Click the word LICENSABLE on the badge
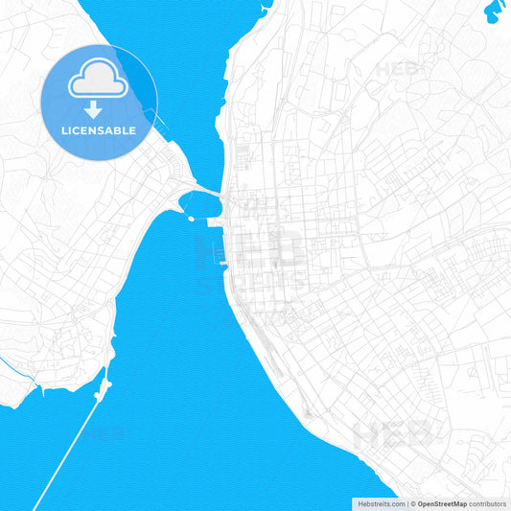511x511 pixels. coord(100,129)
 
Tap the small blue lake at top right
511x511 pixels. coord(495,11)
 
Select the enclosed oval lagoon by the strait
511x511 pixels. coord(198,203)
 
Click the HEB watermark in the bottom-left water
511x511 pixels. coord(103,435)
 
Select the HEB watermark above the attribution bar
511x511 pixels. coord(392,435)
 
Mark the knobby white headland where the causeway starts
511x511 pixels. coord(103,385)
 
